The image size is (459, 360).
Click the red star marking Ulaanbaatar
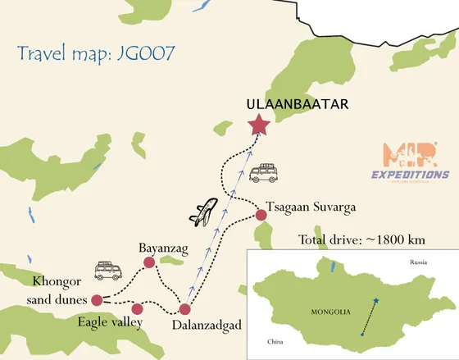260,125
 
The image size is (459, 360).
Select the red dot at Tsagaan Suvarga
261,215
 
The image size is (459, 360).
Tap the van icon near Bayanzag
107,270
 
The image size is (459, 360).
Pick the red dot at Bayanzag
149,262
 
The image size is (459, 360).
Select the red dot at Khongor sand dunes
97,299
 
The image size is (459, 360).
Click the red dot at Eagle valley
137,308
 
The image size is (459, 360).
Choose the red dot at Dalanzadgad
185,310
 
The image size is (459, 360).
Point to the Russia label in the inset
420,262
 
